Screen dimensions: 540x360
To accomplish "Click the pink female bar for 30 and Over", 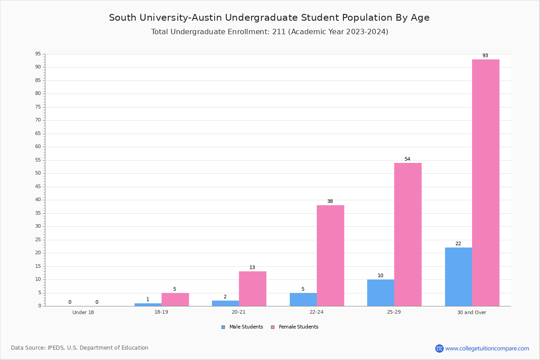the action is pyautogui.click(x=486, y=183).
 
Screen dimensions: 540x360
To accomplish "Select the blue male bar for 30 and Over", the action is pyautogui.click(x=459, y=277).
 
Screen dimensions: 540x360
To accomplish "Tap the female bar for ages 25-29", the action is pyautogui.click(x=408, y=234).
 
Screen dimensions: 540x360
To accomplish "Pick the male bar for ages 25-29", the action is pyautogui.click(x=381, y=293).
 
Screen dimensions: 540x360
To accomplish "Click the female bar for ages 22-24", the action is pyautogui.click(x=330, y=256).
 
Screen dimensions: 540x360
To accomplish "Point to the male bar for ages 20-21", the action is pyautogui.click(x=225, y=303).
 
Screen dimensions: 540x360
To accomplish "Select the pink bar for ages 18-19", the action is pyautogui.click(x=175, y=300).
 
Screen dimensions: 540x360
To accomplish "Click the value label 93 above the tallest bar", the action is pyautogui.click(x=485, y=55).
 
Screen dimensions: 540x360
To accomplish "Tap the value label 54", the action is pyautogui.click(x=407, y=159).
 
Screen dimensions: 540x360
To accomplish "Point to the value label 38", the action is pyautogui.click(x=330, y=201).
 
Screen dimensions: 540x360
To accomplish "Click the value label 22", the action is pyautogui.click(x=458, y=243).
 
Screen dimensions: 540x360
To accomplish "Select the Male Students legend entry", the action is pyautogui.click(x=242, y=327).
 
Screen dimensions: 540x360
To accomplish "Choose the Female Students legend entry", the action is pyautogui.click(x=295, y=327).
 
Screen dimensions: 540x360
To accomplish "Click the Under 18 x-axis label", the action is pyautogui.click(x=83, y=312).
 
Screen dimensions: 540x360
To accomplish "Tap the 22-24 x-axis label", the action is pyautogui.click(x=316, y=312).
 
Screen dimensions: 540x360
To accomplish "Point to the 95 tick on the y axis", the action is pyautogui.click(x=38, y=54).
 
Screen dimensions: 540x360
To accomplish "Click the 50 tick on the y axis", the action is pyautogui.click(x=38, y=173).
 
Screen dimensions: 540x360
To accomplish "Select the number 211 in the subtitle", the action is pyautogui.click(x=279, y=31).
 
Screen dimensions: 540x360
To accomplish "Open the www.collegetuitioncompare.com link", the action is pyautogui.click(x=487, y=348).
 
